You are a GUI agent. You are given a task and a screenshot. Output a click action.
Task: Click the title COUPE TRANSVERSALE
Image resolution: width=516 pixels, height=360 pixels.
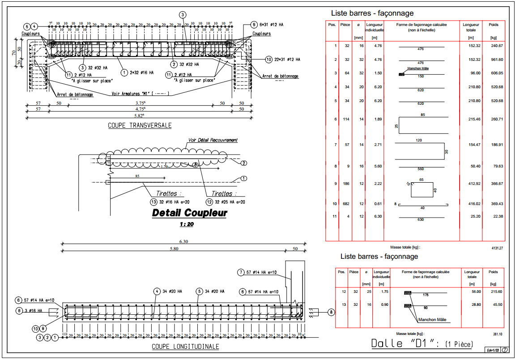pos(140,126)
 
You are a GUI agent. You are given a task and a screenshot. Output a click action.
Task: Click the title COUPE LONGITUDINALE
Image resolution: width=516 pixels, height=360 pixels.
pos(185,347)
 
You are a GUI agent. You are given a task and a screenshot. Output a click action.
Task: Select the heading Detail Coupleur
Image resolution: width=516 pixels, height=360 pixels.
pos(189,213)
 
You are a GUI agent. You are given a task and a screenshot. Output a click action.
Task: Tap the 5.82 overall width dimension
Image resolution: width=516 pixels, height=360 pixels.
pos(139,115)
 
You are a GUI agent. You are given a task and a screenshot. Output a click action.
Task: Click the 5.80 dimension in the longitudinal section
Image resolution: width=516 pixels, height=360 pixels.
pos(174,249)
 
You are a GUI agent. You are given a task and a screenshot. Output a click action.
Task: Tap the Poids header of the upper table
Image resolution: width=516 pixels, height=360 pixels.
pos(494,25)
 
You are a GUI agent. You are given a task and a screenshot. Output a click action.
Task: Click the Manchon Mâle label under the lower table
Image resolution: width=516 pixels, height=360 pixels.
pos(433,320)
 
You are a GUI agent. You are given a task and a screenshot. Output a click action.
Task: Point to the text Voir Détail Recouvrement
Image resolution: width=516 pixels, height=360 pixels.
pos(213,140)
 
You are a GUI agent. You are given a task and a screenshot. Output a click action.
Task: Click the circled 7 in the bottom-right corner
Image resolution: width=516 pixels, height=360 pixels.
pos(505,350)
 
